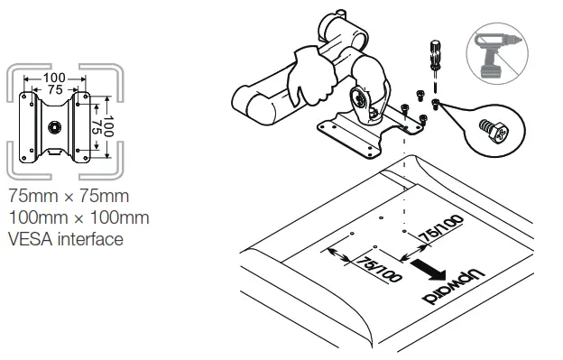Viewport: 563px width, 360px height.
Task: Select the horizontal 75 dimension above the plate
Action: click(x=55, y=90)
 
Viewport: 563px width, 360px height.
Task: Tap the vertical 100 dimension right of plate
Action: click(x=107, y=125)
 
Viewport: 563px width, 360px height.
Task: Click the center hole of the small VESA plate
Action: click(x=55, y=125)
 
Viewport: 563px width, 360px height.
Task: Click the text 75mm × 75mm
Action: click(x=67, y=196)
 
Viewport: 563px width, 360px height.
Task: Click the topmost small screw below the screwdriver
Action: click(x=420, y=93)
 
